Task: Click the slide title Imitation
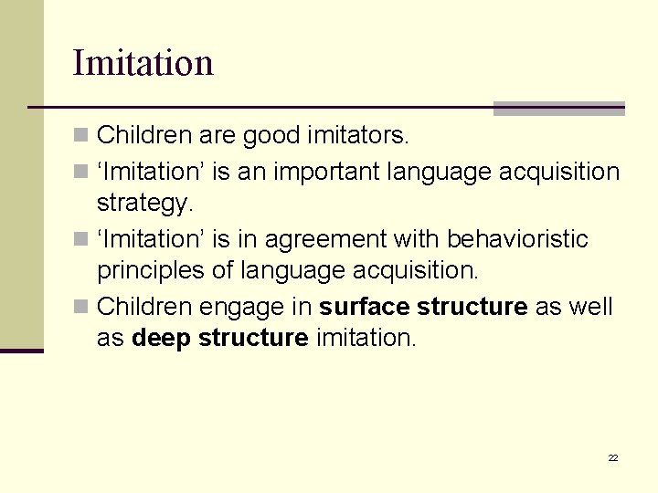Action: click(143, 63)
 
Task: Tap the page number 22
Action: click(612, 457)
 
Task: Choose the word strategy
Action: click(145, 203)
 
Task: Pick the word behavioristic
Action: click(517, 239)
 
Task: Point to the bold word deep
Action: click(162, 338)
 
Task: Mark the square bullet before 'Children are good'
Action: click(80, 137)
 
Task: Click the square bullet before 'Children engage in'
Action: click(80, 307)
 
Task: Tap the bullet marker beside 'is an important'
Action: click(80, 172)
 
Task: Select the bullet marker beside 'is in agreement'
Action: click(80, 240)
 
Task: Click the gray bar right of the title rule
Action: click(558, 109)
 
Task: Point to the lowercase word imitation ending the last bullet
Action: click(366, 338)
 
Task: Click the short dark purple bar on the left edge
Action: click(21, 351)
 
